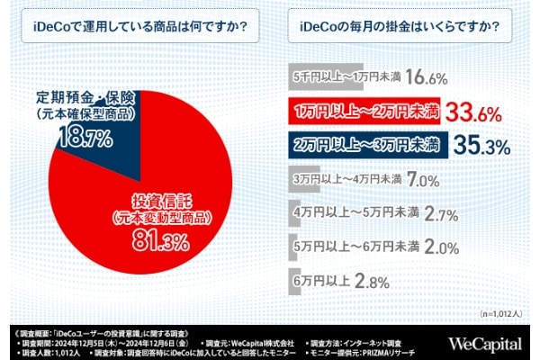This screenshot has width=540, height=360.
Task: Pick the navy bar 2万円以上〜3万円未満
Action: click(x=364, y=144)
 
